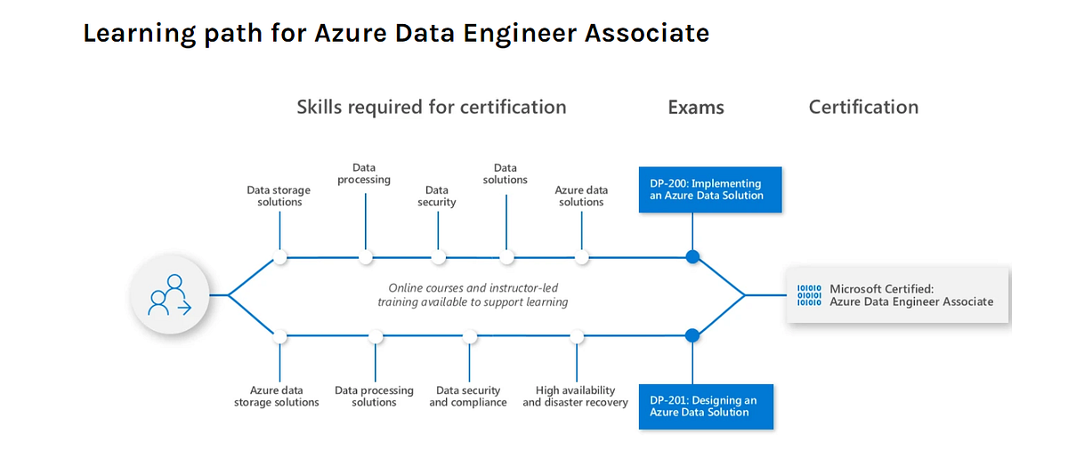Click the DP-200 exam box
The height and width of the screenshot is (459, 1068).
click(x=709, y=189)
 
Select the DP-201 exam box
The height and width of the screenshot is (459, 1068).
click(x=706, y=407)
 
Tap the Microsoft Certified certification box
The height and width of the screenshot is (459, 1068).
click(x=898, y=294)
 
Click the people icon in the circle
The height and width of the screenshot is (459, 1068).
click(x=170, y=294)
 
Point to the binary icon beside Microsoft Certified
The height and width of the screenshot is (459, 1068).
click(x=809, y=294)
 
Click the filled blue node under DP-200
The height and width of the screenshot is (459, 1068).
click(x=692, y=257)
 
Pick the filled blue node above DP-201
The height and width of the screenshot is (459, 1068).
click(x=692, y=336)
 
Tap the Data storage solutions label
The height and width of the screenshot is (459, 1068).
click(x=279, y=196)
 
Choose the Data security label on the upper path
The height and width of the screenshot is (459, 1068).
click(x=436, y=196)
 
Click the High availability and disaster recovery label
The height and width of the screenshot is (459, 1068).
click(x=576, y=397)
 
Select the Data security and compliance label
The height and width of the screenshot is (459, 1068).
click(x=468, y=397)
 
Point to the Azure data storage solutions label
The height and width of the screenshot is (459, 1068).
click(x=277, y=397)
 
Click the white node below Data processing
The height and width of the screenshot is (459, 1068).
click(x=366, y=257)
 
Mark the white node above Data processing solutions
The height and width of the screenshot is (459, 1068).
click(x=376, y=336)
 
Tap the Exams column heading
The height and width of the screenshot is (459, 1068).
click(x=696, y=108)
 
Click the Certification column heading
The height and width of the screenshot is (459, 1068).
click(x=863, y=107)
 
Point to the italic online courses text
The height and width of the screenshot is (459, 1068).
click(x=473, y=294)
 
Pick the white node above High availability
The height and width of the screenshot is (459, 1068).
click(x=577, y=336)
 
